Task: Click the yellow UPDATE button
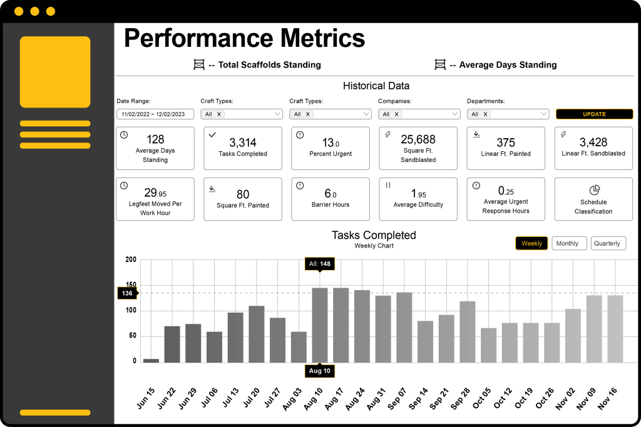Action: [x=594, y=114]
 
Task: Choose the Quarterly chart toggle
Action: [x=608, y=243]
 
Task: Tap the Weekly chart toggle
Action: [x=531, y=243]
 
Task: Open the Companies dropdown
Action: [x=419, y=114]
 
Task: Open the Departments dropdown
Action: [x=508, y=114]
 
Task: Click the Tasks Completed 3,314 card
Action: [x=243, y=148]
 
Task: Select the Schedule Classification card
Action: [x=593, y=199]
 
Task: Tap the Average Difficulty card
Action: [x=418, y=199]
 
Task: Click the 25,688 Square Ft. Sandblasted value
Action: [x=418, y=139]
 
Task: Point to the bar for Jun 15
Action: [x=151, y=360]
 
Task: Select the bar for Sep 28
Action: [x=468, y=332]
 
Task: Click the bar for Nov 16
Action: [x=615, y=329]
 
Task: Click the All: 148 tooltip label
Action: [x=320, y=264]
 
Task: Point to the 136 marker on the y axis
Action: [x=127, y=293]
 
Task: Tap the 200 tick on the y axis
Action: [x=130, y=259]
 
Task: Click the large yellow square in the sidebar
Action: [x=55, y=72]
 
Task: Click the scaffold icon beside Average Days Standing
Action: [x=440, y=64]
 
